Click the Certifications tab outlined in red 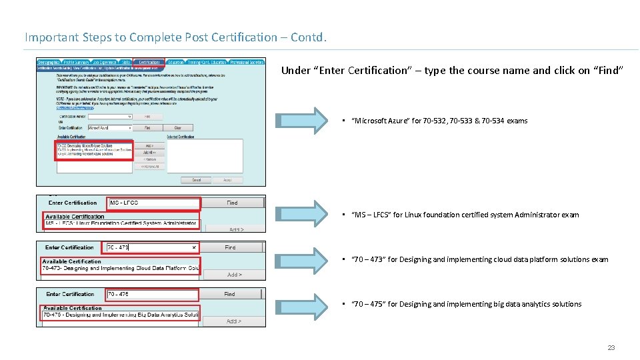[149, 62]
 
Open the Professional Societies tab [247, 62]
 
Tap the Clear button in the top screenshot [178, 127]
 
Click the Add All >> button [149, 152]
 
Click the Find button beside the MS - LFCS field [232, 203]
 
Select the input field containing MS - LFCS [153, 203]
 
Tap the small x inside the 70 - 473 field [195, 247]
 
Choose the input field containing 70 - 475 [151, 294]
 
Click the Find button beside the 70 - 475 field [229, 294]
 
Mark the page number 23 [611, 348]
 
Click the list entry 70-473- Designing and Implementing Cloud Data [120, 269]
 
